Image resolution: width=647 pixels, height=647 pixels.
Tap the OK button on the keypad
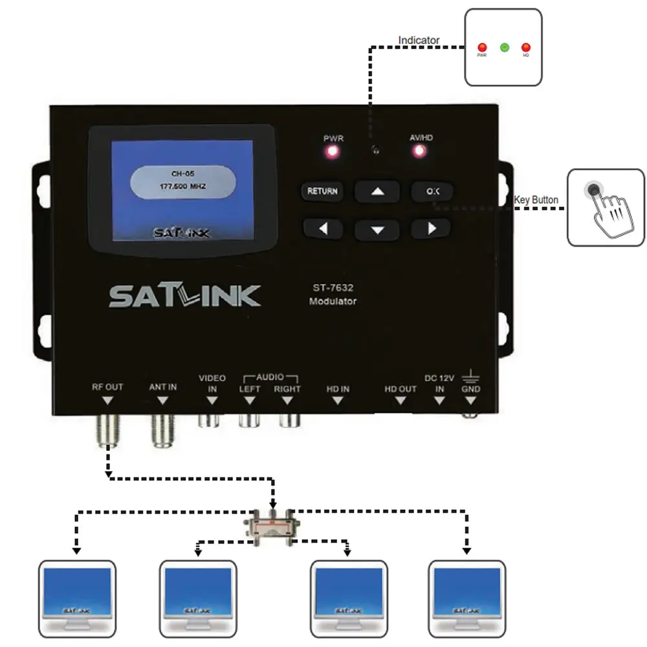tap(432, 192)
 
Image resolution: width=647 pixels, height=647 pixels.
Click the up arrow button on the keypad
tap(378, 192)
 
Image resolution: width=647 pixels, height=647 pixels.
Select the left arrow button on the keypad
tap(322, 228)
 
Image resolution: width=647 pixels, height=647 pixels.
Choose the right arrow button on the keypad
tap(432, 228)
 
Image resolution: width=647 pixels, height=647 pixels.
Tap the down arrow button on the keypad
tap(378, 229)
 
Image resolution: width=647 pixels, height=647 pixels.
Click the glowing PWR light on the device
tap(333, 152)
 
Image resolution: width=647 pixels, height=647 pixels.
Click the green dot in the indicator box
tap(505, 47)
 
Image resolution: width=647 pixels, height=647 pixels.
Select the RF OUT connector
tap(107, 430)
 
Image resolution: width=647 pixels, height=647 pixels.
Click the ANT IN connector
tap(162, 430)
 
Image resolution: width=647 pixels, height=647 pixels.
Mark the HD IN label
tap(338, 389)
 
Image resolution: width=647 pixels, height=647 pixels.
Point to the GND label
tap(471, 389)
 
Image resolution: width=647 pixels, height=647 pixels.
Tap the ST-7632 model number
tap(333, 289)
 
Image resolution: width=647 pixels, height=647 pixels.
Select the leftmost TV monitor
tap(77, 597)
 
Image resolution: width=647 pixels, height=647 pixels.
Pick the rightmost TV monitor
tap(467, 597)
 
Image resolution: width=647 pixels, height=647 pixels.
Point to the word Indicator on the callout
tap(419, 40)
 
